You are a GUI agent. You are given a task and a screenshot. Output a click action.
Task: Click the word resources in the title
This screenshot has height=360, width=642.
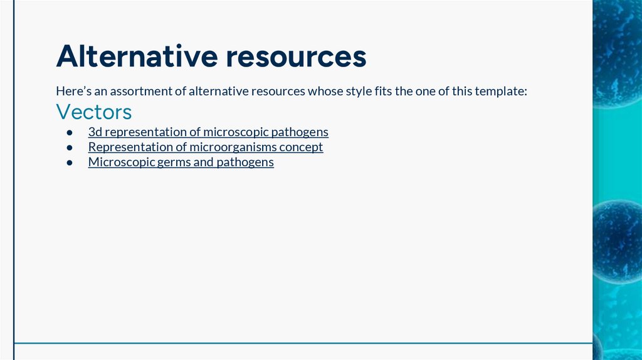[296, 56]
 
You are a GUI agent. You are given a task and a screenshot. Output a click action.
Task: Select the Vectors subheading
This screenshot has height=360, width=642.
[94, 112]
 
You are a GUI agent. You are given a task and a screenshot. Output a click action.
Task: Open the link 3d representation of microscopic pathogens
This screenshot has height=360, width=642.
[208, 132]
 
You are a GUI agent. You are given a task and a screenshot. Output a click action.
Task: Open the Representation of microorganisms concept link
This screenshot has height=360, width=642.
[206, 147]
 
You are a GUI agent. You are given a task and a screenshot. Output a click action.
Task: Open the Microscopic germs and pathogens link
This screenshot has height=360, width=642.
[181, 162]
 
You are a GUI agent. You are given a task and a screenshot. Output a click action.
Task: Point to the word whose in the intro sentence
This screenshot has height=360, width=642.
[324, 92]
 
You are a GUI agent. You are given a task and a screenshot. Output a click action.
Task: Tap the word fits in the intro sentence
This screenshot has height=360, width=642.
[382, 92]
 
